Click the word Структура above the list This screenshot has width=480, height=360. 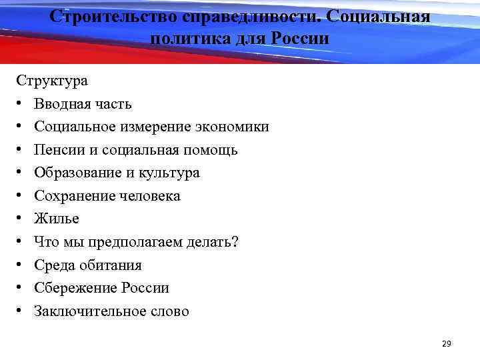click(52, 81)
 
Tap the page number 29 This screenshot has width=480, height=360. click(447, 343)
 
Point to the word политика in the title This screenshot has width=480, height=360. click(189, 38)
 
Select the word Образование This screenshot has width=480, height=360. click(76, 173)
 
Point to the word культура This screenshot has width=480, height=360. click(169, 173)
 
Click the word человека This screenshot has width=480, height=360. click(150, 196)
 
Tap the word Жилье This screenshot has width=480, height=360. click(57, 219)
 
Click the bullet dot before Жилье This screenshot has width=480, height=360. click(21, 219)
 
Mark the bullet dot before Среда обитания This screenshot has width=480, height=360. click(21, 265)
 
